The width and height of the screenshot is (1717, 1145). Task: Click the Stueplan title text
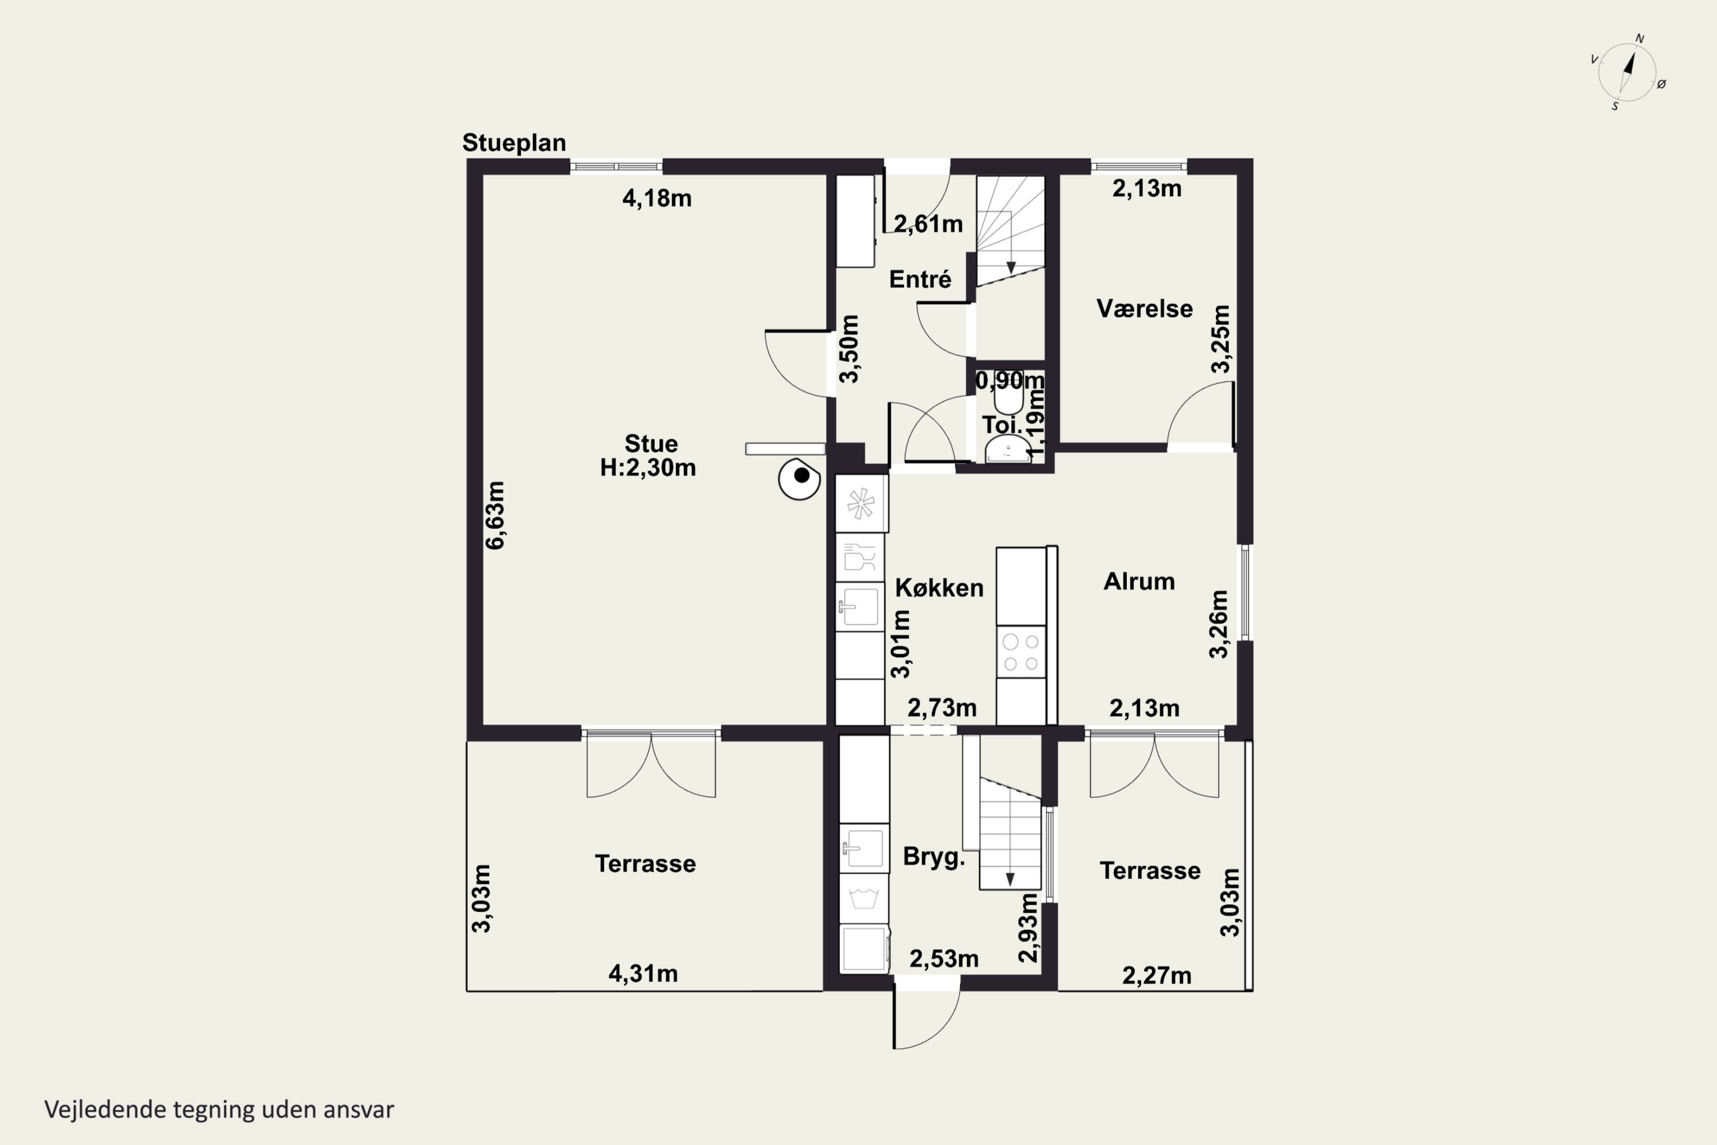tap(514, 143)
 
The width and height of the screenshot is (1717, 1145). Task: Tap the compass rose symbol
tap(1628, 72)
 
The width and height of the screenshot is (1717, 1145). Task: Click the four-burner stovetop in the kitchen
tap(1020, 652)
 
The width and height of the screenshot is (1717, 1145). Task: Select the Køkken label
tap(939, 588)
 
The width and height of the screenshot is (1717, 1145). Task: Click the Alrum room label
tap(1139, 581)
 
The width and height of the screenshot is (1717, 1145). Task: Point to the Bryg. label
tap(933, 856)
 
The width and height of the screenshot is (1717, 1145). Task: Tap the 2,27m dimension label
tap(1156, 976)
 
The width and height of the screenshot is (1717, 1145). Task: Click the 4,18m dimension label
tap(656, 198)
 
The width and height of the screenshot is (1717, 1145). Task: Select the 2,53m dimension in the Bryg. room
tap(943, 959)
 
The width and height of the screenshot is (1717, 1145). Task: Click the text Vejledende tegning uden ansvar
tap(219, 1110)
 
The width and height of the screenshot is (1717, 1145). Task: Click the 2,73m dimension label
tap(941, 708)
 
